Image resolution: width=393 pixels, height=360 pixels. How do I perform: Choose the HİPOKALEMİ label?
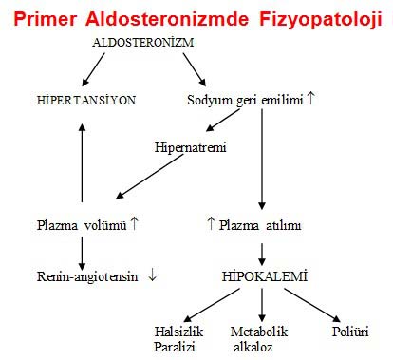[262, 277]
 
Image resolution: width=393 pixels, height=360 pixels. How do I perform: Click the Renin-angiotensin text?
[83, 277]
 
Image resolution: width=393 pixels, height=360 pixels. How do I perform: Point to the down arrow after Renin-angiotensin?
[152, 277]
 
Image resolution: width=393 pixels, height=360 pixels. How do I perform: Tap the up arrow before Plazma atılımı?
[211, 225]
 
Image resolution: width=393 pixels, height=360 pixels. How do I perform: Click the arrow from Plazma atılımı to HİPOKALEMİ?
[262, 251]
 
